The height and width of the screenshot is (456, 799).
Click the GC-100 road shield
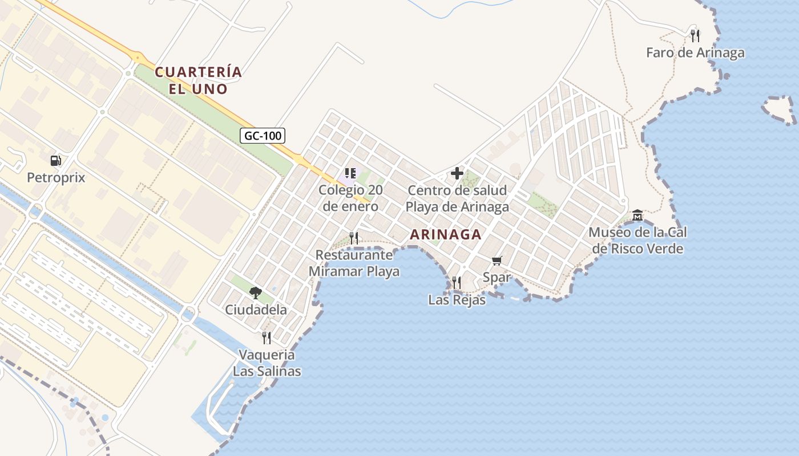[263, 136]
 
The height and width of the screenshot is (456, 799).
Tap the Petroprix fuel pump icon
[56, 161]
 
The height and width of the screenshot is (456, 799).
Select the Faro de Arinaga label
[695, 53]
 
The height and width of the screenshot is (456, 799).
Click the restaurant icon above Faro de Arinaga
[695, 36]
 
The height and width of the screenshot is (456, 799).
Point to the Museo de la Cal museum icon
[637, 215]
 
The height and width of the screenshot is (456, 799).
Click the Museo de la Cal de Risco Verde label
[637, 241]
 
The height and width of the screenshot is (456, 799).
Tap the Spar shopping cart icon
[497, 260]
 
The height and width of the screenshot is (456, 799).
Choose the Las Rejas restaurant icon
[456, 282]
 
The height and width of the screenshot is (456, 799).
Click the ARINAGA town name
[446, 234]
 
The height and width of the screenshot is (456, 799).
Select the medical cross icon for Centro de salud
[457, 173]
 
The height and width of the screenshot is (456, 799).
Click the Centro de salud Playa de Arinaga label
[457, 198]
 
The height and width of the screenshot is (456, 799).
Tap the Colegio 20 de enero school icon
[350, 173]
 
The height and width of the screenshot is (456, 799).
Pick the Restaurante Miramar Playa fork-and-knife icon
[354, 238]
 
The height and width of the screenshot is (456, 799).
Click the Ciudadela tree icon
[256, 293]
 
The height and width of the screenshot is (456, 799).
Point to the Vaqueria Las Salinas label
[267, 363]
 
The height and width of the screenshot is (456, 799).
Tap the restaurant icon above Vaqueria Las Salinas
[266, 338]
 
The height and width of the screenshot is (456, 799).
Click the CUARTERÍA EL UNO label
[199, 80]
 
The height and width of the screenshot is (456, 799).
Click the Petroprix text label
[56, 178]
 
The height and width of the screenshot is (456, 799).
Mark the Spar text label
[497, 278]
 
